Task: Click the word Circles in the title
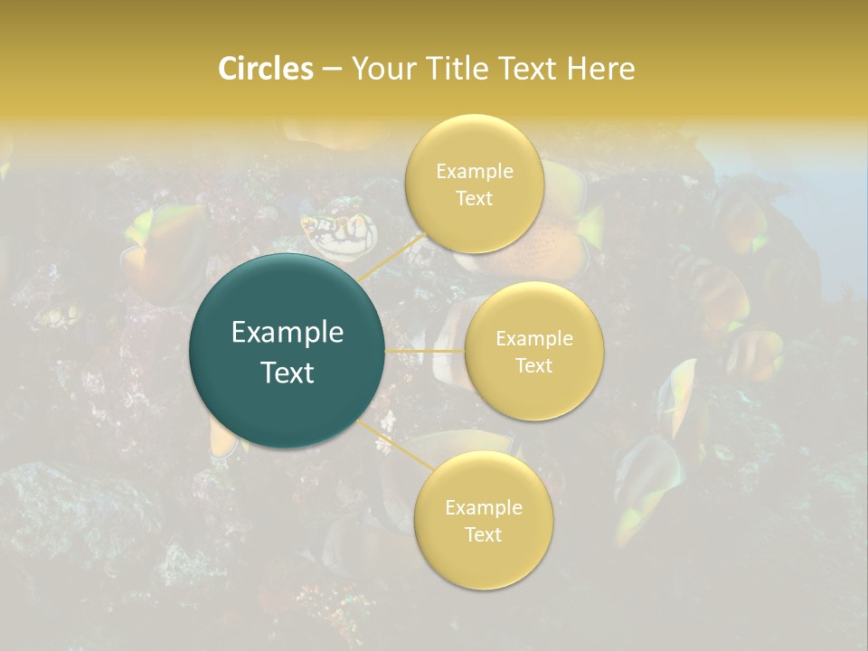(265, 69)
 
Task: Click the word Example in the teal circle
(288, 333)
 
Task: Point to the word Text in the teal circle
(288, 373)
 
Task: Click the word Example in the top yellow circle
(474, 172)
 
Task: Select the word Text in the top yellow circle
(474, 199)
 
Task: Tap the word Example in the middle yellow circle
(533, 339)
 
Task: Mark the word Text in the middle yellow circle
(533, 365)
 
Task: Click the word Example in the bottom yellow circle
(483, 508)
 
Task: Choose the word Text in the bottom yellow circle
(483, 534)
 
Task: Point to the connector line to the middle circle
(425, 351)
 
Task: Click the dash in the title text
(332, 70)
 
